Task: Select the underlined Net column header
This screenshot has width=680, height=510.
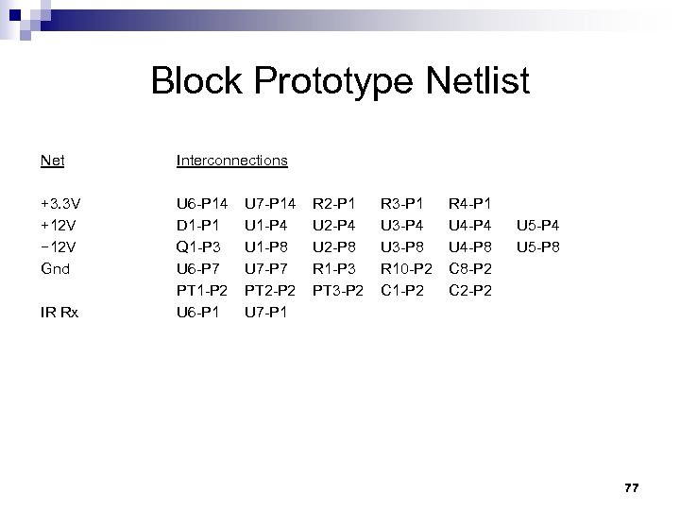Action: pos(53,161)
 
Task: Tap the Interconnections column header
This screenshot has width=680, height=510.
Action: pos(231,161)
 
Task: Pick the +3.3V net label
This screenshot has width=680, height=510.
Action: pos(60,202)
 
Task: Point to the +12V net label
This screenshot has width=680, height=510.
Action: pos(59,226)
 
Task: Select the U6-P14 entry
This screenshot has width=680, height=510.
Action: pos(202,202)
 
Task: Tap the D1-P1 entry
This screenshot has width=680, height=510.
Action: pos(197,226)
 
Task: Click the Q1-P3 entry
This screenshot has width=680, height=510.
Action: pos(197,246)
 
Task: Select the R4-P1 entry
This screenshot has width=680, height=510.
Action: pos(469,202)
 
